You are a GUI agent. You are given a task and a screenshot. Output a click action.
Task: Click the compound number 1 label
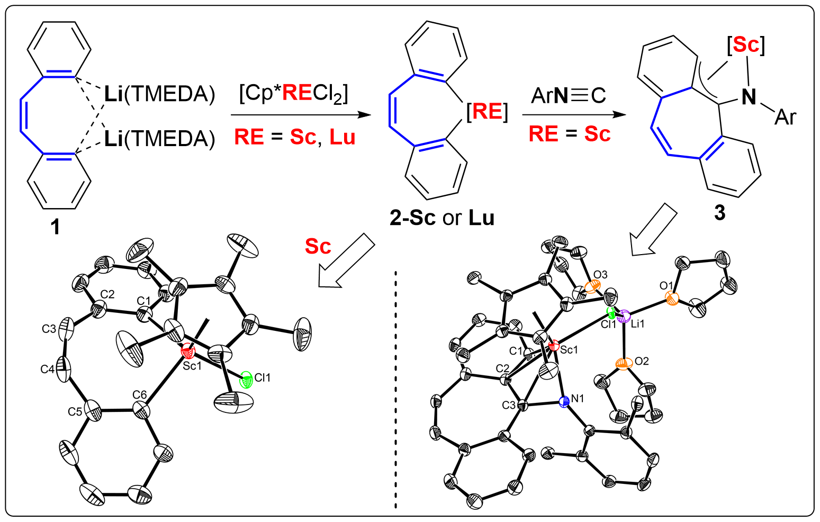(55, 227)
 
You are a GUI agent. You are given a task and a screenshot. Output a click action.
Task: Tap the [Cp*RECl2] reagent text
(294, 94)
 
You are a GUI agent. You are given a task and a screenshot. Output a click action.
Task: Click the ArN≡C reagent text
(569, 96)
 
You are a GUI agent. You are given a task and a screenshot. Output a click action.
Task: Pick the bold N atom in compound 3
(749, 97)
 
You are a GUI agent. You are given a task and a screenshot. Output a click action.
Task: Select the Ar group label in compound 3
(785, 117)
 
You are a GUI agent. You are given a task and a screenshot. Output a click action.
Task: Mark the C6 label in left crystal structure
(140, 395)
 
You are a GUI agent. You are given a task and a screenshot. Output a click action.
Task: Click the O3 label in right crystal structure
(600, 275)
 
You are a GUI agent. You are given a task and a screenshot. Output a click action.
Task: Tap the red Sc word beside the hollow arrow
(318, 246)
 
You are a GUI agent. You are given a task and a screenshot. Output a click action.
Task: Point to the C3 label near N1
(509, 405)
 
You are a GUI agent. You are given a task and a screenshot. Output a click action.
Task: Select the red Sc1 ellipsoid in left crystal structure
(187, 352)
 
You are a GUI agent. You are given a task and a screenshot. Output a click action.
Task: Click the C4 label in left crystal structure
(48, 369)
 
